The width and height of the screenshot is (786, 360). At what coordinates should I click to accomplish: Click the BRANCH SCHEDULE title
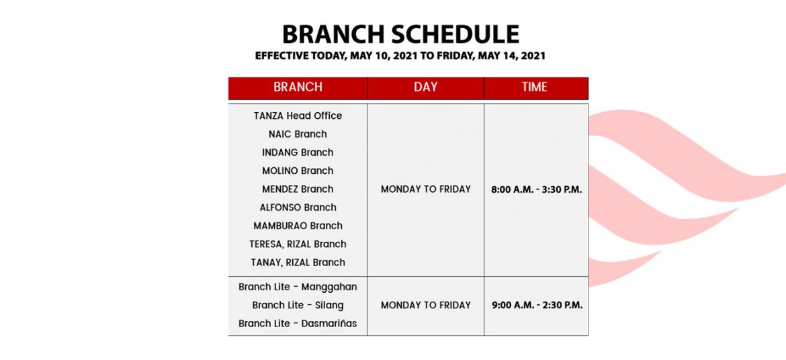click(400, 35)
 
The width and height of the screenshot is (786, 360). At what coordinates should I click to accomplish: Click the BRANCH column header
click(298, 87)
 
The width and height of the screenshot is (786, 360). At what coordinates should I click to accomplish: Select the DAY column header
click(426, 87)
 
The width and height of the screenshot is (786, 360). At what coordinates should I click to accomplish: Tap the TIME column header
click(534, 87)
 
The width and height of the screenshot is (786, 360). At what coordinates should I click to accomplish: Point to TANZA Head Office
click(298, 116)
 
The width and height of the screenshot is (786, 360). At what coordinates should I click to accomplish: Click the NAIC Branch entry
click(298, 134)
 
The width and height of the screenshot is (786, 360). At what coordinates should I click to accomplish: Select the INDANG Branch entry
click(298, 152)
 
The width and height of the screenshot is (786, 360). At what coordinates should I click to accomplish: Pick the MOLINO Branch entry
click(298, 171)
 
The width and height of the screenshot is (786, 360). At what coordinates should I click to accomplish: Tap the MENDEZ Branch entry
click(298, 189)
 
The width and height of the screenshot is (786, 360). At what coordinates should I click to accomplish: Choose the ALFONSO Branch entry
click(298, 207)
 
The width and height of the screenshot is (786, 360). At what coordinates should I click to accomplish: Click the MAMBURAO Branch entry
click(298, 226)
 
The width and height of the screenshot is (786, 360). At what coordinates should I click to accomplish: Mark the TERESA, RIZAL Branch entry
click(298, 244)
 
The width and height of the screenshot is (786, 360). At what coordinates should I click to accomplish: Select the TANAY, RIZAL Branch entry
click(298, 262)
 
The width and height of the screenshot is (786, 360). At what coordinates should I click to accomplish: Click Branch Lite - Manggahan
click(298, 287)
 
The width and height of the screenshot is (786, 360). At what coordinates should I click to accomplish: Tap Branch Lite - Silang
click(298, 305)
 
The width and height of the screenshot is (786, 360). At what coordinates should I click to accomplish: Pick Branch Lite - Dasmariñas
click(298, 324)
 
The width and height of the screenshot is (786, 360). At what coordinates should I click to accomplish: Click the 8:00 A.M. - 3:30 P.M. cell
click(536, 190)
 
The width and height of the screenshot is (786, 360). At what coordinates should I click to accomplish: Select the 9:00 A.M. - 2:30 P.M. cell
click(537, 306)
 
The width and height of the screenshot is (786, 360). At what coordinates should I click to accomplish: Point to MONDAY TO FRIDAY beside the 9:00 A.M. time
click(426, 306)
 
